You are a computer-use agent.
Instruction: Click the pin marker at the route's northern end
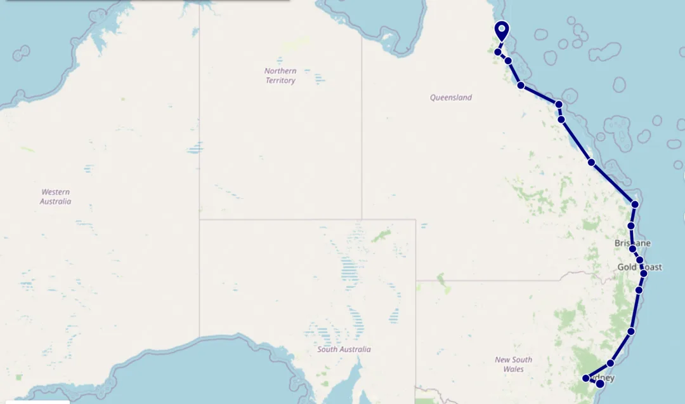pyautogui.click(x=502, y=29)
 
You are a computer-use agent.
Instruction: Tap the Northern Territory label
pyautogui.click(x=280, y=76)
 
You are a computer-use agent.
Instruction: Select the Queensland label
pyautogui.click(x=451, y=98)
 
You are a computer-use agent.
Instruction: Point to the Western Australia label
pyautogui.click(x=56, y=196)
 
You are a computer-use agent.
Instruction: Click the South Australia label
pyautogui.click(x=344, y=349)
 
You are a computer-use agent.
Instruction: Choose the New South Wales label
pyautogui.click(x=514, y=364)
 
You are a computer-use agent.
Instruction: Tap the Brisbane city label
pyautogui.click(x=632, y=243)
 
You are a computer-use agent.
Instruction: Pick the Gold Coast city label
pyautogui.click(x=639, y=267)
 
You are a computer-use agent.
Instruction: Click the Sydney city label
pyautogui.click(x=603, y=378)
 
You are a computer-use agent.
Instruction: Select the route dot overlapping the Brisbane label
pyautogui.click(x=632, y=248)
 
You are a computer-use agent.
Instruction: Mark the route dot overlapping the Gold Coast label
pyautogui.click(x=644, y=273)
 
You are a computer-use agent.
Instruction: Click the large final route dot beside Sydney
pyautogui.click(x=600, y=383)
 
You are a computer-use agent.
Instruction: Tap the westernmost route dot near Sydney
pyautogui.click(x=586, y=379)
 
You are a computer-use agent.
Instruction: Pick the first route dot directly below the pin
pyautogui.click(x=499, y=51)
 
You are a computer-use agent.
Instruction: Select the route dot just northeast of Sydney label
pyautogui.click(x=610, y=363)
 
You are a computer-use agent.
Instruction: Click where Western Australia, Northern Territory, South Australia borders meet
pyautogui.click(x=199, y=220)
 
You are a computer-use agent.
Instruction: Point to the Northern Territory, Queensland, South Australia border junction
pyautogui.click(x=362, y=220)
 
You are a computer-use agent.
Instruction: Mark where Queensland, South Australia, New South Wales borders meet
pyautogui.click(x=415, y=280)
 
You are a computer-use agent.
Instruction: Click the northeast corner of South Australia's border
pyautogui.click(x=415, y=220)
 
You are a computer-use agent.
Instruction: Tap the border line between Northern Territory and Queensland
pyautogui.click(x=362, y=127)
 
